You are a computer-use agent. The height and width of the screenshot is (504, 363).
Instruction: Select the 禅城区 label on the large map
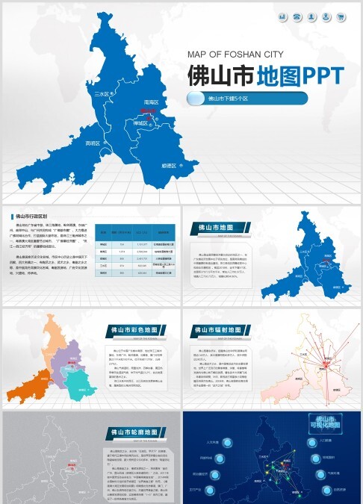pos(141,122)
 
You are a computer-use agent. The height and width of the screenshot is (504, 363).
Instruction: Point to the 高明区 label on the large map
pos(92,143)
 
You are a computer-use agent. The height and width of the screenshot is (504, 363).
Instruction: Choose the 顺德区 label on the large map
pos(169,165)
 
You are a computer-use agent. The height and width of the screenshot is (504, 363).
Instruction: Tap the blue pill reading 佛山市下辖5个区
pos(247,98)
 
